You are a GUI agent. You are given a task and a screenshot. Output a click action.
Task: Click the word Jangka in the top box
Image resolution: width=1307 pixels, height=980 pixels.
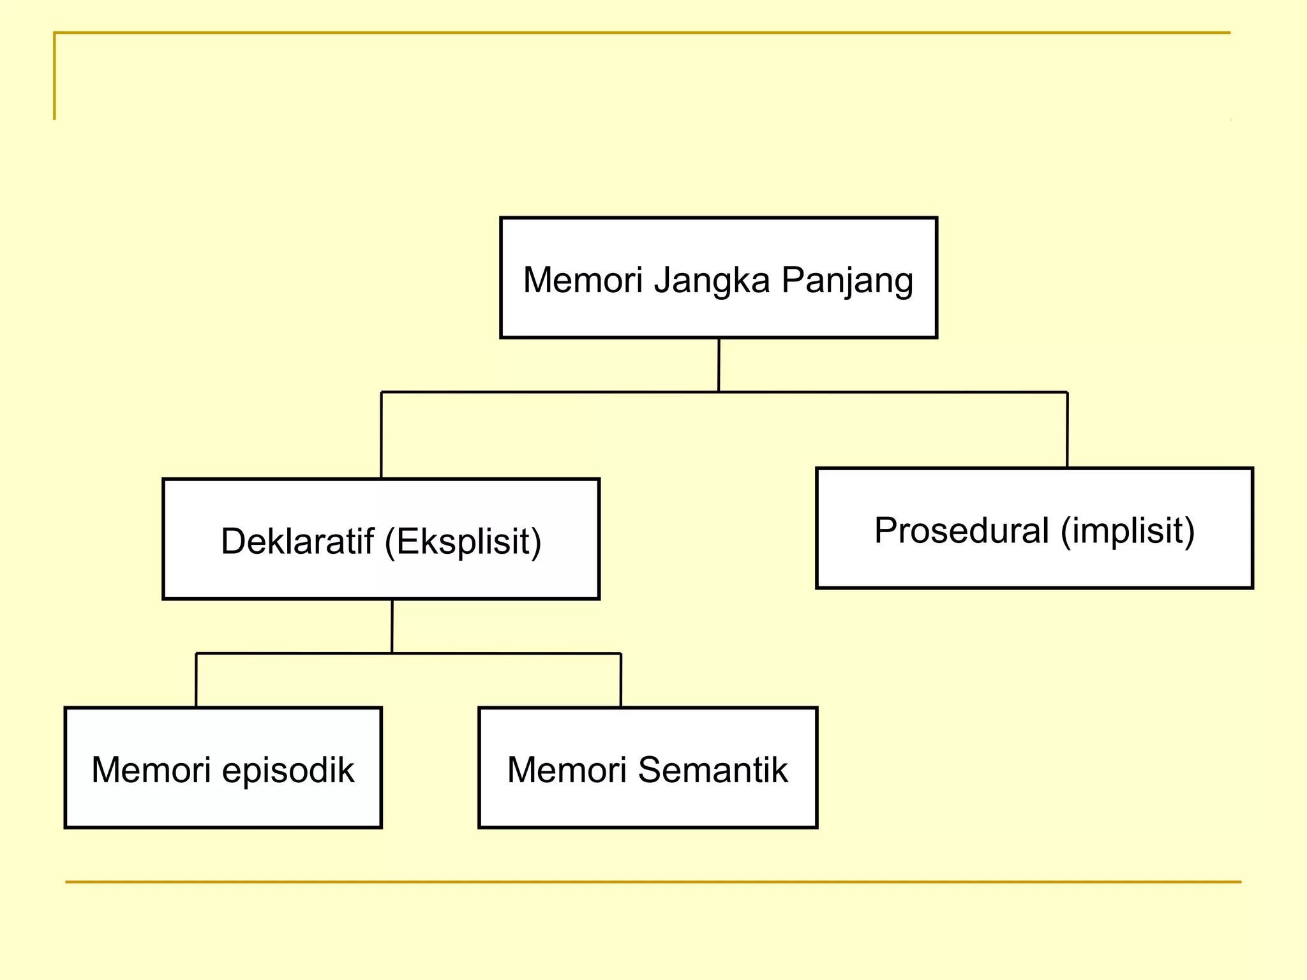pyautogui.click(x=712, y=281)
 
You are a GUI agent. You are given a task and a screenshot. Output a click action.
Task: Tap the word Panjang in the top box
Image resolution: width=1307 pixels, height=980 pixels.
pyautogui.click(x=847, y=281)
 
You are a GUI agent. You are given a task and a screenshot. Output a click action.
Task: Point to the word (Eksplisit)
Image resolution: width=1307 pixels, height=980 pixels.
pyautogui.click(x=463, y=542)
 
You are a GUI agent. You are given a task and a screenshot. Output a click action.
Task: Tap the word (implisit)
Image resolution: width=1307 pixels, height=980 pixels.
pyautogui.click(x=1127, y=531)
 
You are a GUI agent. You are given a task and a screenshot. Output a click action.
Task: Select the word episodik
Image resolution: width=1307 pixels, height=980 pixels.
pyautogui.click(x=288, y=770)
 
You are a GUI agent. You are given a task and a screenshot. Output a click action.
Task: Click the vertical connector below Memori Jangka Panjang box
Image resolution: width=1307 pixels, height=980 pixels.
pyautogui.click(x=719, y=364)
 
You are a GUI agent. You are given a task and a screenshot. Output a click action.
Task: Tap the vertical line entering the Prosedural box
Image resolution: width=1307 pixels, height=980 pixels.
pyautogui.click(x=1067, y=429)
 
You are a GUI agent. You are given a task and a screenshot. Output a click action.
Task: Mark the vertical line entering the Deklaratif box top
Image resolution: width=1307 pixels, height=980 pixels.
pyautogui.click(x=381, y=435)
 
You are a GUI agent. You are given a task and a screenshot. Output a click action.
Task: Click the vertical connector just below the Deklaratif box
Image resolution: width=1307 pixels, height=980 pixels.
pyautogui.click(x=392, y=626)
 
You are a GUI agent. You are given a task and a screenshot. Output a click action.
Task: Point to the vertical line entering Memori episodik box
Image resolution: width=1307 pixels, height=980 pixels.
pyautogui.click(x=196, y=680)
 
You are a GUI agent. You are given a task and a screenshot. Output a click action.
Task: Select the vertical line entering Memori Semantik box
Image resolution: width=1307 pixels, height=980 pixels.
pyautogui.click(x=620, y=680)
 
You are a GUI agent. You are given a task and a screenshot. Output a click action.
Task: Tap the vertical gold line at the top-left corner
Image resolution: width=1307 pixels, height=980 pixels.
pyautogui.click(x=54, y=76)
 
